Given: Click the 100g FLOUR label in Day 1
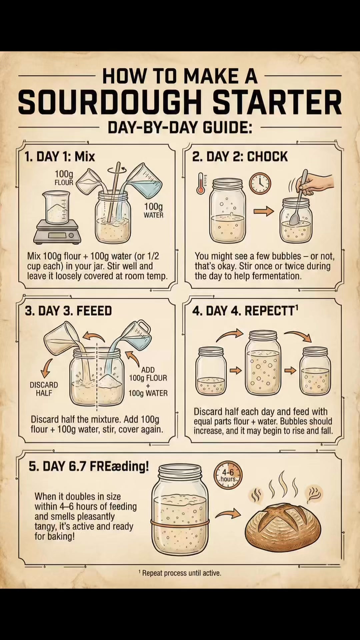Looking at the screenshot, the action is click(x=64, y=178).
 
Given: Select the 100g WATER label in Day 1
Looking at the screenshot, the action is click(x=154, y=211).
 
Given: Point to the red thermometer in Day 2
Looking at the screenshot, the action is click(x=201, y=183).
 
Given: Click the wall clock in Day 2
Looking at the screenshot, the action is click(x=260, y=183).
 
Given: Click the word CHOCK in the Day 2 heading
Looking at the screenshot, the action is click(x=267, y=157).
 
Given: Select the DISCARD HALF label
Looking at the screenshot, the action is click(x=44, y=389).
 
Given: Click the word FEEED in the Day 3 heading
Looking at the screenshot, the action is click(x=94, y=311).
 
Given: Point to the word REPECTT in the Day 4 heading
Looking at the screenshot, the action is click(x=270, y=311).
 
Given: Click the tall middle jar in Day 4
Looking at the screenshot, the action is click(x=263, y=363).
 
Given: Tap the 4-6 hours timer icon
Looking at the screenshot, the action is click(x=228, y=475).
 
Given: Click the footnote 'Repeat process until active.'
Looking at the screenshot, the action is click(x=182, y=573).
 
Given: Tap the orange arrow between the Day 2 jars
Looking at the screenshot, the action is click(x=264, y=211).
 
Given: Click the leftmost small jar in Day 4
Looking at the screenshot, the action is click(x=211, y=371).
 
